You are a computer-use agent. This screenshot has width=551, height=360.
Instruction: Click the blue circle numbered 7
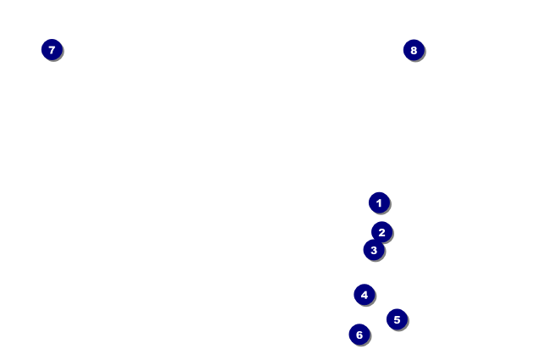52,50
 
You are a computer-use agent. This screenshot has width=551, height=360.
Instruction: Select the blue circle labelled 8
414,50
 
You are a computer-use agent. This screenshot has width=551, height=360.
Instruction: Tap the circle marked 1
379,202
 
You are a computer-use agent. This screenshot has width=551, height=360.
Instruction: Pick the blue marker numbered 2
382,231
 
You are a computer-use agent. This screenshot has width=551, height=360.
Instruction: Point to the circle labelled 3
373,251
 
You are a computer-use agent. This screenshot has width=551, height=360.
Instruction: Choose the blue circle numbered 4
365,295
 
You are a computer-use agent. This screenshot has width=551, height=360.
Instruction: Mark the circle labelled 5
397,319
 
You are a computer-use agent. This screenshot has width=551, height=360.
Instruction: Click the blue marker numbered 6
359,335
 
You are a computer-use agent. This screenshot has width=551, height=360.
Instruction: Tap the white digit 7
52,50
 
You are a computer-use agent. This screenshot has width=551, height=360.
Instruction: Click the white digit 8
414,50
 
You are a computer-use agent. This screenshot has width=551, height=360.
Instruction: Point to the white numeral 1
379,202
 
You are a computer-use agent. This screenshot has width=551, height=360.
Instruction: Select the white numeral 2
382,231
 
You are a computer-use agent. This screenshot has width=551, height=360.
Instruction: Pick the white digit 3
373,251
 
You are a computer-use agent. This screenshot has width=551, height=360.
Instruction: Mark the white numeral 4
365,295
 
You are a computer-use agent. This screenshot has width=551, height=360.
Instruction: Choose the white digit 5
397,319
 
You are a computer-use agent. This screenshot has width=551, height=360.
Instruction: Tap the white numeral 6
359,335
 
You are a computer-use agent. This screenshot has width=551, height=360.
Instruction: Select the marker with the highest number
414,50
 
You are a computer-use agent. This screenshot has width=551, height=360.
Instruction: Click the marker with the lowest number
379,202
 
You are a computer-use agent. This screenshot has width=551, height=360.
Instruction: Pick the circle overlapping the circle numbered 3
382,231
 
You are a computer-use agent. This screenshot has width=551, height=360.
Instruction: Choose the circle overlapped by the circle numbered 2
373,251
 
